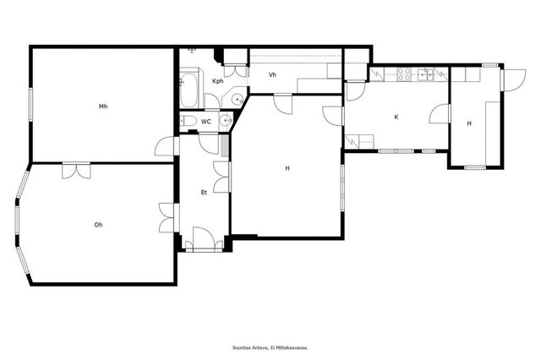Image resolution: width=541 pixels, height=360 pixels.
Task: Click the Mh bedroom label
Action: coord(103,106)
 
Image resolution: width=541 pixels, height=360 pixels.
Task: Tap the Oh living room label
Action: coord(98,225)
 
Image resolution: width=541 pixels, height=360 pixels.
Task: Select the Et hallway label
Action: coord(204,193)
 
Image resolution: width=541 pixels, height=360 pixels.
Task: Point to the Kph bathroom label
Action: coord(218,81)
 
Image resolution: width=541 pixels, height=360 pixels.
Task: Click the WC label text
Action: coord(206,122)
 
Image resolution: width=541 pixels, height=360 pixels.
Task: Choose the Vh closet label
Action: coord(272,74)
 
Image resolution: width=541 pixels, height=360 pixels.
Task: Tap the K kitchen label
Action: coord(396,117)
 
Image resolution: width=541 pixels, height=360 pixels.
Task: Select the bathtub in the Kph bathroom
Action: coord(189,90)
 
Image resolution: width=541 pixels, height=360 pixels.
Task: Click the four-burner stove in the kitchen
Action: coord(404,74)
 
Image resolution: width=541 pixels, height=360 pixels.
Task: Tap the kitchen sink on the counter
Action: coord(424,74)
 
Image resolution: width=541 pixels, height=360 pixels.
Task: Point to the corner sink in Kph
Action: coord(238,99)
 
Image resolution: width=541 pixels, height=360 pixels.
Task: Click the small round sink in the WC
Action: coord(227,120)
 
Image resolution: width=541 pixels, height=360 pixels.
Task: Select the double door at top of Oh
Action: coord(76,171)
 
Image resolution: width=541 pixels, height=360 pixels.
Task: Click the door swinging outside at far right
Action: coord(513,80)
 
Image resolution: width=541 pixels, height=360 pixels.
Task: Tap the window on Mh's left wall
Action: coord(30,104)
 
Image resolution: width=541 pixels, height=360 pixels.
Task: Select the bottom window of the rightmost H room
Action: coord(475,167)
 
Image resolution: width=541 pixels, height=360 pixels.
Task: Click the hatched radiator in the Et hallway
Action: coord(225,146)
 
